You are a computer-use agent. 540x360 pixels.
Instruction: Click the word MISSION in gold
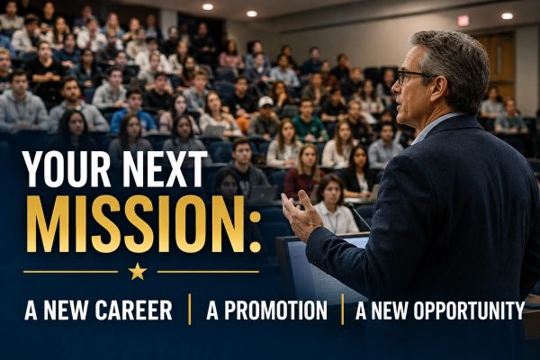pyautogui.click(x=135, y=224)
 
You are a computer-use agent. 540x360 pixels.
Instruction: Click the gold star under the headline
pyautogui.click(x=138, y=272)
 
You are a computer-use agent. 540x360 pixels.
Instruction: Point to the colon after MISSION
pyautogui.click(x=256, y=232)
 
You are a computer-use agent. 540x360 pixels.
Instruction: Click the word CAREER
pyautogui.click(x=133, y=310)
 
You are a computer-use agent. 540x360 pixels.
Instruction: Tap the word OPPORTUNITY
pyautogui.click(x=469, y=310)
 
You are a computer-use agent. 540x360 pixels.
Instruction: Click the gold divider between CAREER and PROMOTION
pyautogui.click(x=190, y=309)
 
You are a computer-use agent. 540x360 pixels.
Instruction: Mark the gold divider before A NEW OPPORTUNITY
pyautogui.click(x=342, y=309)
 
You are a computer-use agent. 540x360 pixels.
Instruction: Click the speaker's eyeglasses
pyautogui.click(x=413, y=76)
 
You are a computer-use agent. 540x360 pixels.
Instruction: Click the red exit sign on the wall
pyautogui.click(x=463, y=21)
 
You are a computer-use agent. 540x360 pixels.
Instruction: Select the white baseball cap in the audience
pyautogui.click(x=265, y=102)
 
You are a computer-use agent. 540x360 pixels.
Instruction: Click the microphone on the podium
pyautogui.click(x=358, y=215)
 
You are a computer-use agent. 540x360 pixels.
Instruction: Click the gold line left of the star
pyautogui.click(x=70, y=272)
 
